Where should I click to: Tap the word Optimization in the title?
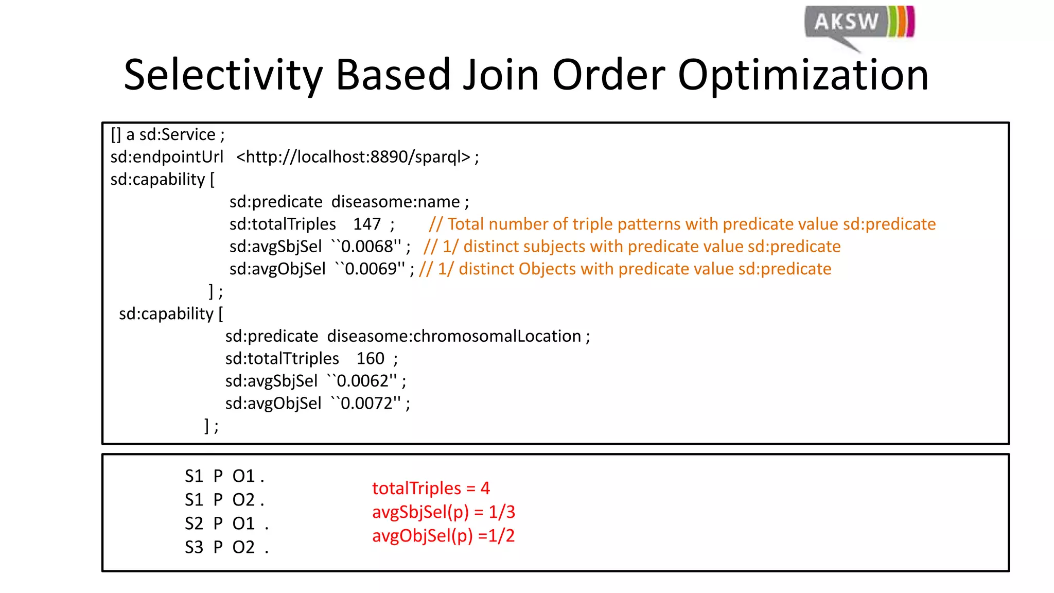tap(803, 75)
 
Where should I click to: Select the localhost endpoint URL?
tap(353, 157)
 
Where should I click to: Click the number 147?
tap(366, 224)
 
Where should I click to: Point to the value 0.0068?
tap(367, 247)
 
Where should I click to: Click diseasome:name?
tap(395, 202)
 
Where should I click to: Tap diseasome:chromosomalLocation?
tap(454, 336)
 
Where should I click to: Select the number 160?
tap(370, 359)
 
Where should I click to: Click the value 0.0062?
tap(363, 381)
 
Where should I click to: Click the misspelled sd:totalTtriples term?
tap(282, 359)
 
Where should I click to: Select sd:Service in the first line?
tap(177, 135)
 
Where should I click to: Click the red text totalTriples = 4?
tap(431, 488)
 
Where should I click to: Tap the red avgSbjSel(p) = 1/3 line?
tap(443, 512)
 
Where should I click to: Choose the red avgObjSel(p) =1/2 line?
tap(443, 536)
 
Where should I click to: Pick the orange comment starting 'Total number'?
tap(682, 224)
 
